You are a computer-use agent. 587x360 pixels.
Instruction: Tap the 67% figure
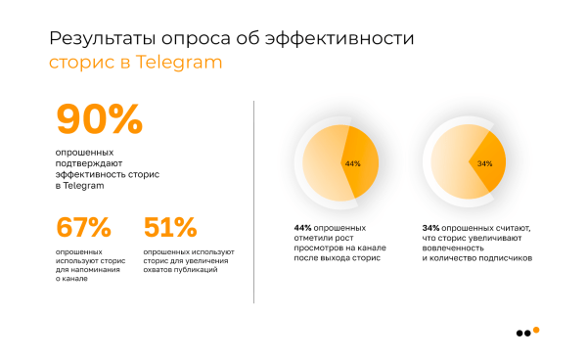(83, 227)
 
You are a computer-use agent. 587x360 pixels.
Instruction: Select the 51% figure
(170, 227)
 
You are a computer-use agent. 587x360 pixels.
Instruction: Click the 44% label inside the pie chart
(352, 163)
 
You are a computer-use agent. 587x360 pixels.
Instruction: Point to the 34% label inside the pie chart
(484, 163)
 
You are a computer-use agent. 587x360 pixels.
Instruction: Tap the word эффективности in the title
(347, 39)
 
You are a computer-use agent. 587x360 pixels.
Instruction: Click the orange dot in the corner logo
(535, 330)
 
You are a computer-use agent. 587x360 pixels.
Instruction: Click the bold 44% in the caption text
(301, 228)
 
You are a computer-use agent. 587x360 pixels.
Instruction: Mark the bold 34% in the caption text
(430, 228)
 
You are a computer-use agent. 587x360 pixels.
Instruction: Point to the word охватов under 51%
(161, 269)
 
